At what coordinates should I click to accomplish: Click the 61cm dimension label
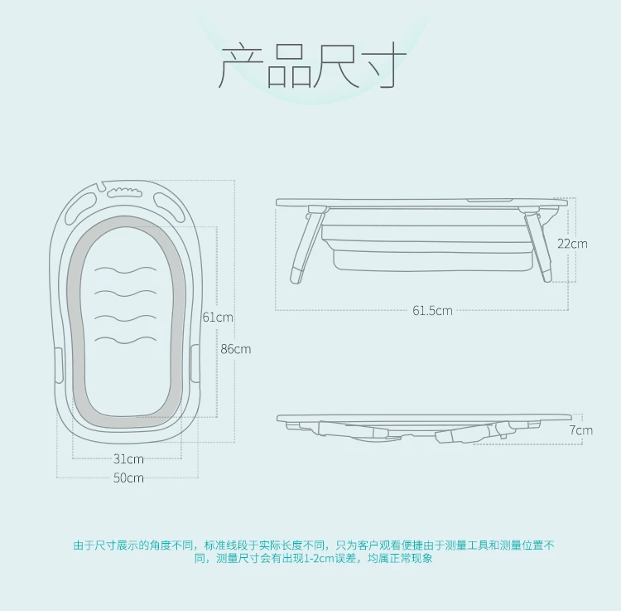click(217, 317)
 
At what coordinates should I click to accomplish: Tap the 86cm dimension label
click(235, 349)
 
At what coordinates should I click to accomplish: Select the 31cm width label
click(128, 458)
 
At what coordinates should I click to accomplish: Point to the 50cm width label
click(128, 478)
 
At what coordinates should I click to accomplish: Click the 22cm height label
click(571, 244)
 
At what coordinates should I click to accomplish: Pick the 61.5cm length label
click(432, 311)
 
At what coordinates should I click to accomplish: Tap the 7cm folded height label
click(580, 430)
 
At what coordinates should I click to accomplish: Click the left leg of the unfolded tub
click(303, 246)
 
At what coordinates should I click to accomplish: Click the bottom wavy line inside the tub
click(125, 339)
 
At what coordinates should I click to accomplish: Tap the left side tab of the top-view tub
click(59, 366)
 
